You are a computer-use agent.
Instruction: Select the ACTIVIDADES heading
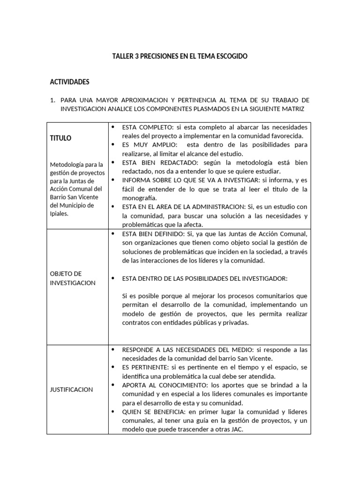[x=69, y=82]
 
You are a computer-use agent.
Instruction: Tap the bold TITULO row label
[x=60, y=138]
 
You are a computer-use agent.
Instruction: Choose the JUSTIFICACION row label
[x=71, y=390]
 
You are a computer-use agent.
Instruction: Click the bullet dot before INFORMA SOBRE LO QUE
[x=113, y=180]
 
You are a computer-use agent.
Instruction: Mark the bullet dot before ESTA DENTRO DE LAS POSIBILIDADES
[x=113, y=278]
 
